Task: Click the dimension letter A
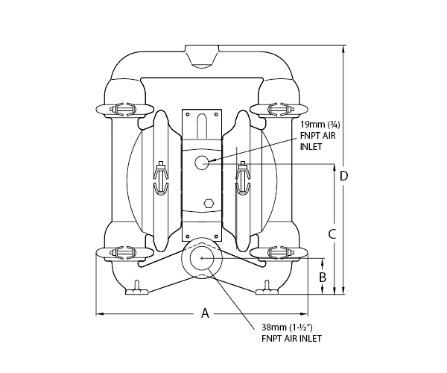[x=206, y=313]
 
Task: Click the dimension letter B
[x=323, y=277]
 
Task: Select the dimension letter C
[x=332, y=234]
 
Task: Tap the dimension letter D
[x=344, y=176]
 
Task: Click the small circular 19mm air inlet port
[x=202, y=163]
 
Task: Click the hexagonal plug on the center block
[x=209, y=203]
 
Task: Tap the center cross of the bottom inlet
[x=202, y=258]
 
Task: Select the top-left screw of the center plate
[x=188, y=114]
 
